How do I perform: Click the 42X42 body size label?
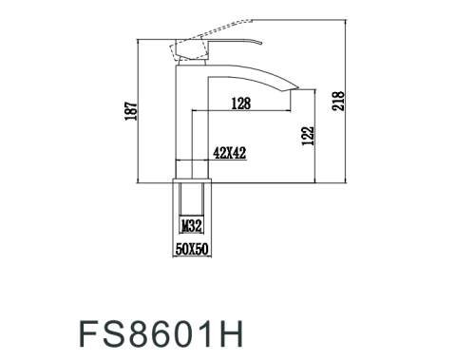[x=230, y=151]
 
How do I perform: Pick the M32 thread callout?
[x=191, y=226]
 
